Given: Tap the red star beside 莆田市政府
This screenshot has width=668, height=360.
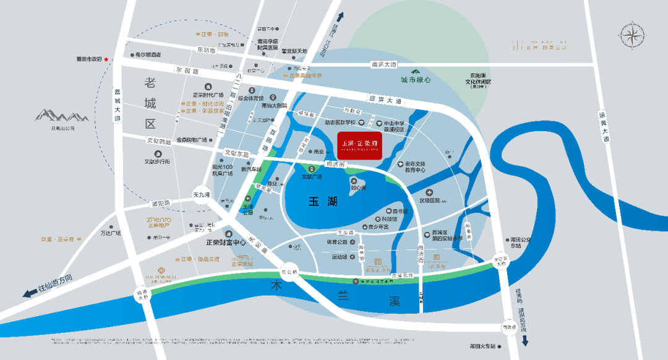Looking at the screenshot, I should click(x=106, y=59).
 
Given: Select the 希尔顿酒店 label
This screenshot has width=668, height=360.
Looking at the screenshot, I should click(x=148, y=54).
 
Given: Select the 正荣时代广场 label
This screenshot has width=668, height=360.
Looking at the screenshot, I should click(x=212, y=95).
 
